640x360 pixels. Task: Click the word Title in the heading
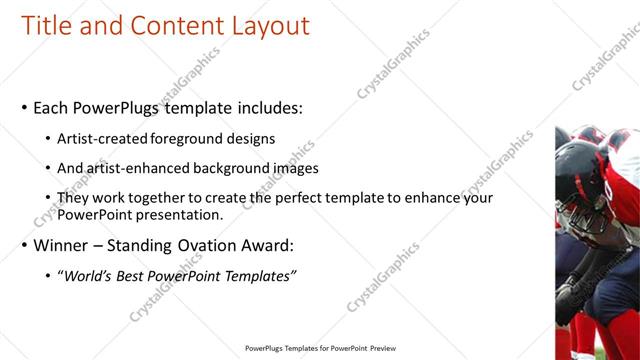click(47, 26)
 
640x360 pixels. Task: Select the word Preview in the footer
click(381, 349)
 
